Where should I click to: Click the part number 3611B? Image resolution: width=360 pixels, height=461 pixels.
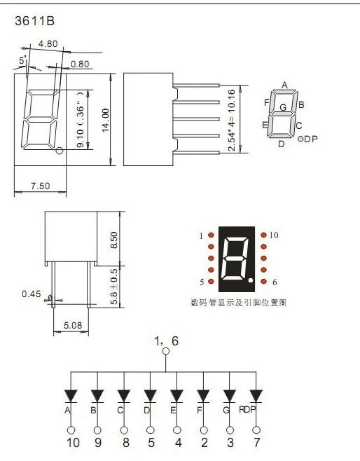click(x=35, y=21)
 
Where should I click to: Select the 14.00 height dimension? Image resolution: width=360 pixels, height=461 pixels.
click(x=106, y=120)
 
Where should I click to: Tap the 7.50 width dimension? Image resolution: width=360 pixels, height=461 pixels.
click(x=41, y=186)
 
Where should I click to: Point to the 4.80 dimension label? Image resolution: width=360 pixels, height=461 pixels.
click(x=48, y=44)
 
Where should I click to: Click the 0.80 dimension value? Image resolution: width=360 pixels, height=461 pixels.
click(x=80, y=64)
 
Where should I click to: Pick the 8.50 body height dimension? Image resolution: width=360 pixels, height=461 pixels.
click(x=113, y=240)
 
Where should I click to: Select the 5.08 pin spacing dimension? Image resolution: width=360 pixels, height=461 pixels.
click(x=73, y=325)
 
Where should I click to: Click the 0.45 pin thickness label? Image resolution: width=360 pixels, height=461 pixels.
click(x=32, y=294)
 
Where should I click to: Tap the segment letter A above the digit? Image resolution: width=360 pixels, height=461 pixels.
click(x=284, y=85)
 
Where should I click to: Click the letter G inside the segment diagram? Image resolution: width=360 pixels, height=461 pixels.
click(x=283, y=107)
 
